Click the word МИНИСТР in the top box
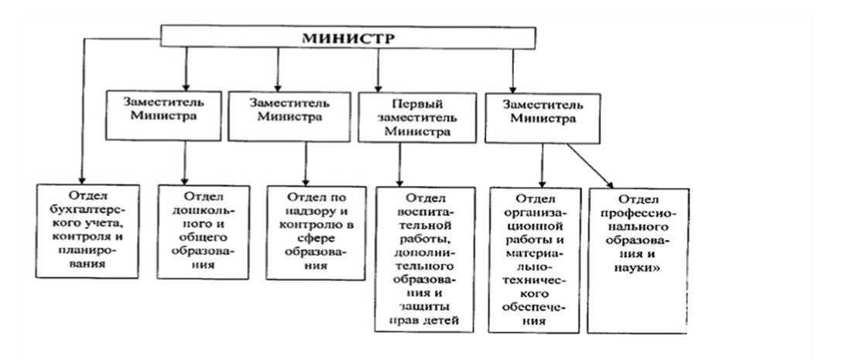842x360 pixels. pos(348,38)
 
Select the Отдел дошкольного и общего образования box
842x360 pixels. pos(204,230)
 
